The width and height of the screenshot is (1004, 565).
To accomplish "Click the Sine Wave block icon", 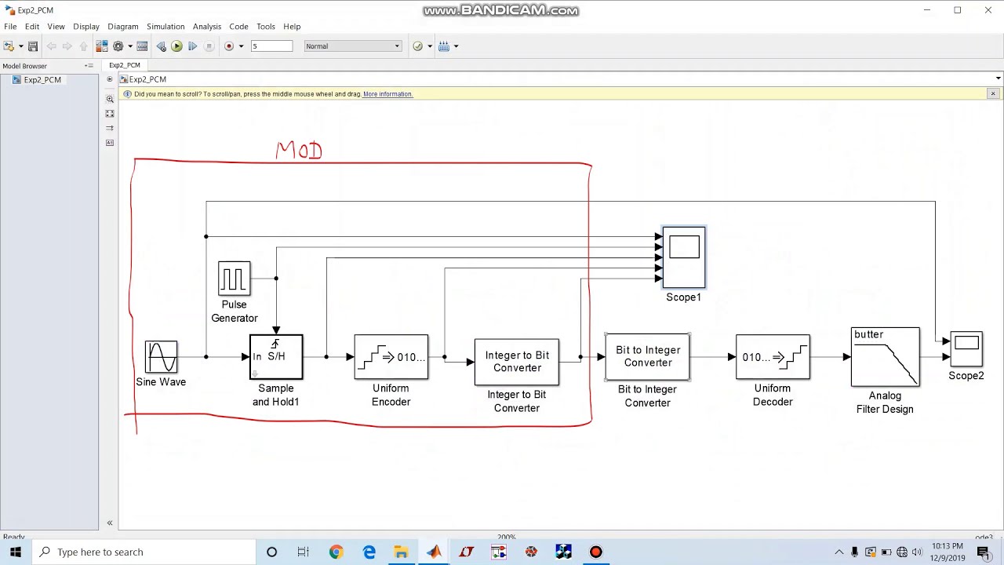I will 161,357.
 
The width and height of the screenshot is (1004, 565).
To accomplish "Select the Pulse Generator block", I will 234,279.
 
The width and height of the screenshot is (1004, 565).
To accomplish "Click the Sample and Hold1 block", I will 276,357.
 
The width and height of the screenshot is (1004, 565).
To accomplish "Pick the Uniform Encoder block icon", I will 391,357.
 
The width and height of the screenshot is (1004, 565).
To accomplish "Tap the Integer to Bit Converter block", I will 516,362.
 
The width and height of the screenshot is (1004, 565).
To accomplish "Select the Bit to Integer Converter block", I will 647,356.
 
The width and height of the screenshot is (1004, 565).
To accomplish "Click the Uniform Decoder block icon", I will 773,357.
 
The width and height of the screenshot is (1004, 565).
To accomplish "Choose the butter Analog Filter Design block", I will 885,357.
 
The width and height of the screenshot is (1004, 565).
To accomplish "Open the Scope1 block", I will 684,257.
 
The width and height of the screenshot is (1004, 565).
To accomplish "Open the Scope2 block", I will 966,349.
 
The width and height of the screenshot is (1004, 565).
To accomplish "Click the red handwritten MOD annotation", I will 299,151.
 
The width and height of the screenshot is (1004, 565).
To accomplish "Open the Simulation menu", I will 166,27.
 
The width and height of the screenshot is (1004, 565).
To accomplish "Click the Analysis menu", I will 207,27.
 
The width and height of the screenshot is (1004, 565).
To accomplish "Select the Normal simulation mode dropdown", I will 352,46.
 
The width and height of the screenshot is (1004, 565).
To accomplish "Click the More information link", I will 387,94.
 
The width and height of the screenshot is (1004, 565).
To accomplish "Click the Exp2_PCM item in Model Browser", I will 42,80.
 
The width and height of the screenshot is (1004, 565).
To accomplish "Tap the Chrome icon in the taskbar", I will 336,552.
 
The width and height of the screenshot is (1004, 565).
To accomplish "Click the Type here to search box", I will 145,552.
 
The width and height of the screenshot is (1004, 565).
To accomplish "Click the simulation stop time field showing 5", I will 271,46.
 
